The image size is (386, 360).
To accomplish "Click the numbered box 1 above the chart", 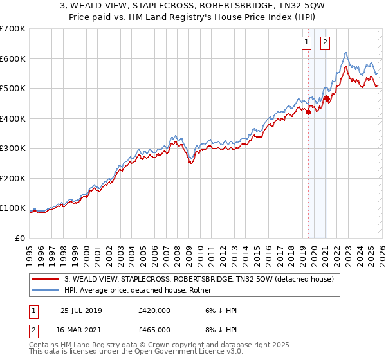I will (307, 43).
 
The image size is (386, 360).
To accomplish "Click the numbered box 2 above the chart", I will (325, 43).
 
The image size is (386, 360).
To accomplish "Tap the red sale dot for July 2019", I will (308, 112).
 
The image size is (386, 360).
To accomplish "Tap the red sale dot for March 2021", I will (327, 98).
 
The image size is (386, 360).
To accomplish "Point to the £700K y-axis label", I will (13, 29).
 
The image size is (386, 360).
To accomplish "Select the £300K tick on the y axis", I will (13, 148).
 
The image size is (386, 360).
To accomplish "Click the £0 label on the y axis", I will (21, 238).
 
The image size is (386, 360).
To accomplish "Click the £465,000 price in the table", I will (154, 329).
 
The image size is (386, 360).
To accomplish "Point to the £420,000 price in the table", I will (154, 310).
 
